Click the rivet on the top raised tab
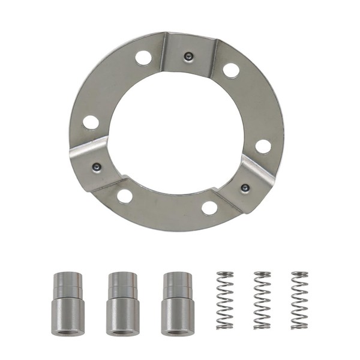click(188, 56)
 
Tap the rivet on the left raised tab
click(97, 167)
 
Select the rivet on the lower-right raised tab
click(245, 188)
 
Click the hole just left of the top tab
click(143, 58)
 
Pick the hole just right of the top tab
click(231, 70)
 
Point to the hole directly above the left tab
click(91, 122)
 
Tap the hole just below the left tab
click(125, 196)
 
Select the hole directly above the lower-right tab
click(263, 146)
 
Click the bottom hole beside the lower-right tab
click(209, 208)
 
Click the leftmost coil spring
click(225, 300)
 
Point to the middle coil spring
click(262, 300)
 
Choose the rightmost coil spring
click(299, 300)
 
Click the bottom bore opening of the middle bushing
click(122, 331)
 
